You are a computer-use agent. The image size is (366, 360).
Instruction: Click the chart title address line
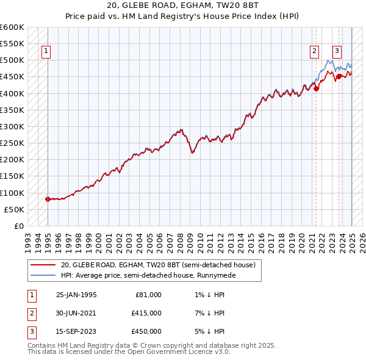pos(183,7)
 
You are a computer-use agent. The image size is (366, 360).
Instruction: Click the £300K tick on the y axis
pos(13,126)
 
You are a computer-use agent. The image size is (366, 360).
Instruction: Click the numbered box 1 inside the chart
pos(47,52)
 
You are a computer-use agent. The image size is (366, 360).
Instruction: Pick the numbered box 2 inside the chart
pos(314,52)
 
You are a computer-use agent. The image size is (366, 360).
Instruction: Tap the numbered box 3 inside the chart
pos(337,52)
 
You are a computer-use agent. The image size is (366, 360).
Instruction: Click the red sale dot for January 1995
pos(48,199)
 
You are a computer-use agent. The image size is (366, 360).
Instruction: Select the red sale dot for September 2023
pos(339,77)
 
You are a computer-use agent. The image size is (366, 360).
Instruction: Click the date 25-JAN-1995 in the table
pos(76,295)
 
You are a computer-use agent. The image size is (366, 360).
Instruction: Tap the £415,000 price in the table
pos(146,313)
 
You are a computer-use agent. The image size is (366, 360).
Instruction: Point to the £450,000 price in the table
pos(146,331)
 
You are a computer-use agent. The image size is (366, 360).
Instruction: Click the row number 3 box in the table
pos(31,331)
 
